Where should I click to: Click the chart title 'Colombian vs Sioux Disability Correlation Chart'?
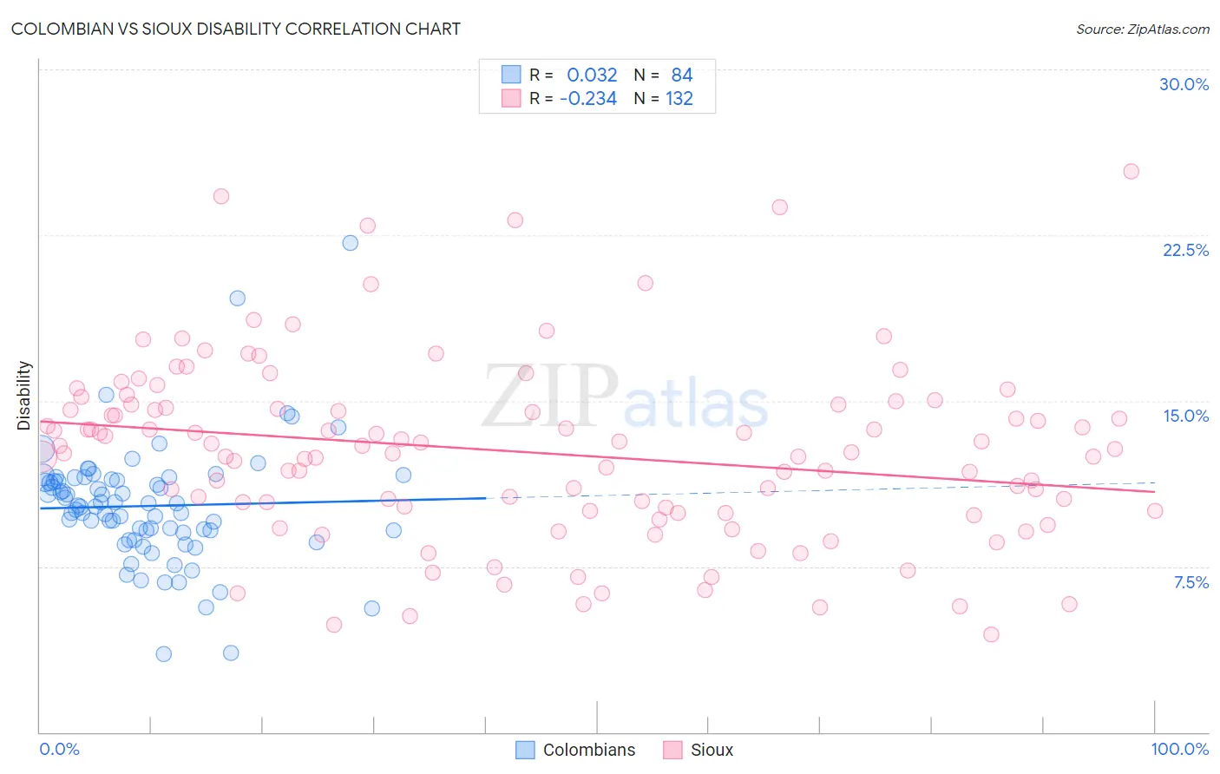[x=235, y=29]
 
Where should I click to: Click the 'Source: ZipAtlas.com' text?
[x=1142, y=29]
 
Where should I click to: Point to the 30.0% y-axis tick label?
[x=1184, y=84]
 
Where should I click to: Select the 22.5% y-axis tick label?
[x=1185, y=250]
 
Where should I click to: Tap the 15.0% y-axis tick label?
[x=1185, y=416]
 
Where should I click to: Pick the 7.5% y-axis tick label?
[x=1190, y=582]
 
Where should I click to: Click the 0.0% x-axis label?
[x=59, y=749]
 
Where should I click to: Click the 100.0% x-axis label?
[x=1179, y=749]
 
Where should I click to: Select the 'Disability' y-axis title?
[x=24, y=396]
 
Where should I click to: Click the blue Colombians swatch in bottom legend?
[x=525, y=750]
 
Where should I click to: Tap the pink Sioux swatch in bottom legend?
[x=672, y=750]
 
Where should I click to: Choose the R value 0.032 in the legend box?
[x=592, y=75]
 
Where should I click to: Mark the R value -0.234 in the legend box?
[x=587, y=99]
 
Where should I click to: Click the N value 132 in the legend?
[x=679, y=99]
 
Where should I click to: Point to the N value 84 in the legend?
[x=681, y=75]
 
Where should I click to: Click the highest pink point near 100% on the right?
[x=1131, y=171]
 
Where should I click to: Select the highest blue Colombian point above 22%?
[x=350, y=243]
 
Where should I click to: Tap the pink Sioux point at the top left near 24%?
[x=221, y=196]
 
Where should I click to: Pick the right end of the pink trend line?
[x=1154, y=492]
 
